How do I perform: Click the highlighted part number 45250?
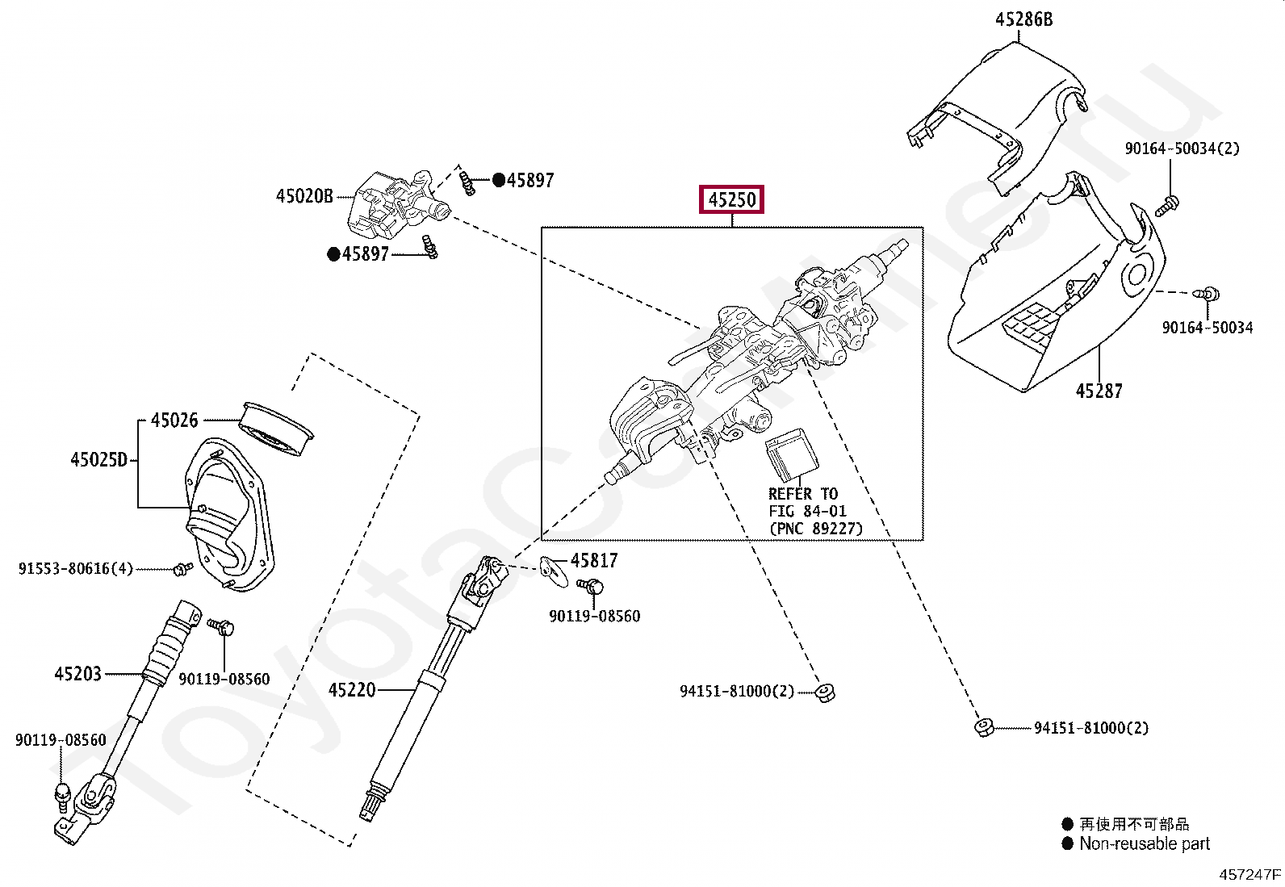[731, 199]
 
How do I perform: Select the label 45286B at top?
[1023, 19]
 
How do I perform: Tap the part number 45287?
[1099, 391]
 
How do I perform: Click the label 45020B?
[304, 196]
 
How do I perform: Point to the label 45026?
[174, 420]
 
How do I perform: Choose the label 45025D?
[99, 460]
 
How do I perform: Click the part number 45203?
[77, 674]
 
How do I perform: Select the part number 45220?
[352, 690]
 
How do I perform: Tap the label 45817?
[594, 560]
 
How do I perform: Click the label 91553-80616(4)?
[75, 569]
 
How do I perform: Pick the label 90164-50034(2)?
[1182, 149]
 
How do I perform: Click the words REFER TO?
[802, 494]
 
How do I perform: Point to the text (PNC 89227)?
[815, 529]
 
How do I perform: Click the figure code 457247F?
[1249, 874]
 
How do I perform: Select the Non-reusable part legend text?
[1144, 843]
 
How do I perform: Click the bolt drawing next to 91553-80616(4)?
[183, 569]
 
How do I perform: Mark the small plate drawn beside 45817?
[553, 570]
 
